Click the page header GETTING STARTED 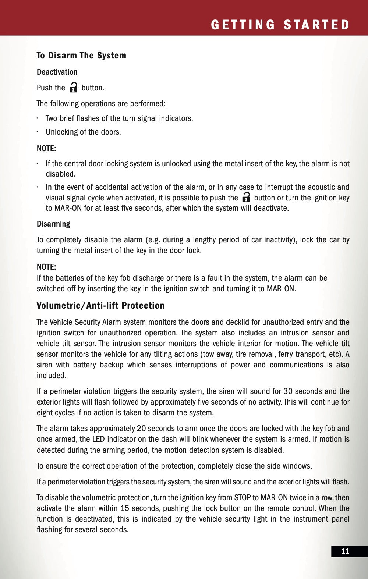(x=280, y=25)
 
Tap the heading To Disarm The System (x=81, y=56)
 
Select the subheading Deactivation (x=57, y=72)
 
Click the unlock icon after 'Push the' (x=74, y=88)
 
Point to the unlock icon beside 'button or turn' (x=246, y=198)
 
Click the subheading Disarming (x=53, y=224)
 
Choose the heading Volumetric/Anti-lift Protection (x=100, y=306)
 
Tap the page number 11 (x=345, y=551)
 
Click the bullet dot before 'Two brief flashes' (x=38, y=118)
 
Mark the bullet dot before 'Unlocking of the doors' (x=38, y=132)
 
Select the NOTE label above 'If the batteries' (x=46, y=267)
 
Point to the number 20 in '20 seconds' (x=141, y=429)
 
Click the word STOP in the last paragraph (x=242, y=498)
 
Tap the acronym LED (x=98, y=439)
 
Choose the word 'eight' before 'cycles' (x=45, y=413)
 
